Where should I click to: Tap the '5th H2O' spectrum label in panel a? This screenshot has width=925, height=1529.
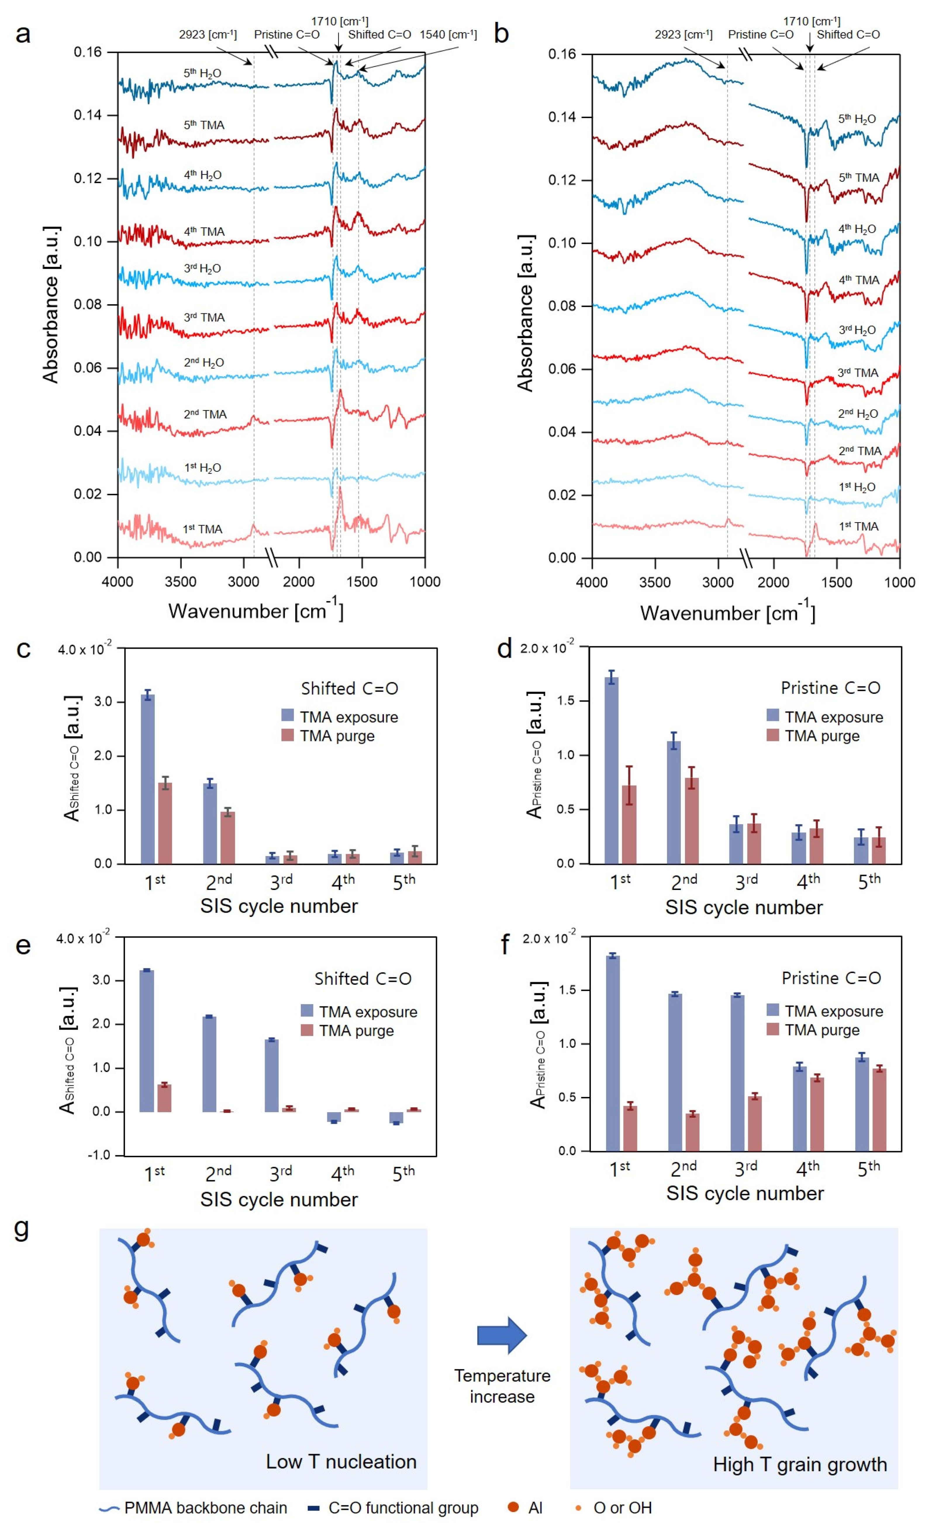coord(202,73)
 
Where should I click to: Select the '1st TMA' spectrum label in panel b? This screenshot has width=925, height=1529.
coord(859,526)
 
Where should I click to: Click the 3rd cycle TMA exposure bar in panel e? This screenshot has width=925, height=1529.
coord(272,1075)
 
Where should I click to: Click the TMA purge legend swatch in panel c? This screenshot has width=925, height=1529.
coord(287,735)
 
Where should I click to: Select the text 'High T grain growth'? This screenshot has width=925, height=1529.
coord(800,1464)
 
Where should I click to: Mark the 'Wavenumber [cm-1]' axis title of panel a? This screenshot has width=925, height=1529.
coord(256,611)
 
